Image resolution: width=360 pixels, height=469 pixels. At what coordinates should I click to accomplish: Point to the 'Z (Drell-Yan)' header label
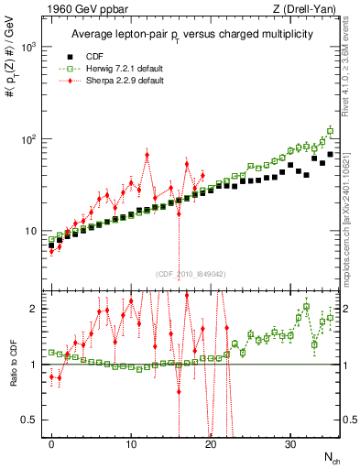(x=307, y=8)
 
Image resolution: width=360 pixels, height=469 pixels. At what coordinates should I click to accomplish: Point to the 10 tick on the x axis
(x=131, y=445)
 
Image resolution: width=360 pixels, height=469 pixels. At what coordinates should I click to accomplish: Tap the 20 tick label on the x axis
(x=211, y=445)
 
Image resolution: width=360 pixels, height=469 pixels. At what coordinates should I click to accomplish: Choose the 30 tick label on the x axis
(x=290, y=445)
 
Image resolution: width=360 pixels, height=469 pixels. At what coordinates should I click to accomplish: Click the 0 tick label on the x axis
(x=52, y=445)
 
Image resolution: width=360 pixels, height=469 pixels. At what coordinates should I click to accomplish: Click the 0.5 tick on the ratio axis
(x=29, y=420)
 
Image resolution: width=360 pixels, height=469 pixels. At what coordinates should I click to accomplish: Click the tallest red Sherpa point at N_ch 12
(x=147, y=154)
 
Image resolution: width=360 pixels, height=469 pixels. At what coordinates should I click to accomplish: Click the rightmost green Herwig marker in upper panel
(x=330, y=130)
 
